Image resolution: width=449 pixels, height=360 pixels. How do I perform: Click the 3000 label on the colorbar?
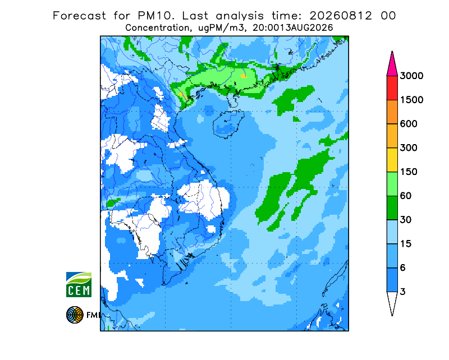coord(411,76)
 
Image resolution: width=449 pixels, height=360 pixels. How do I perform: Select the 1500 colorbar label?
coord(411,100)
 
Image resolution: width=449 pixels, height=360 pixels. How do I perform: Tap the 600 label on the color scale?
coord(409,124)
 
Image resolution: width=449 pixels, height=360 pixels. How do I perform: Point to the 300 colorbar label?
coord(409,148)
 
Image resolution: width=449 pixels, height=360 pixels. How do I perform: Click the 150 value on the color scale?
coord(409,172)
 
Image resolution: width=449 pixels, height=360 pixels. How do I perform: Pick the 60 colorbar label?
coord(406,196)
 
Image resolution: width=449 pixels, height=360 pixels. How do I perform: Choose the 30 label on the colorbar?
coord(406,220)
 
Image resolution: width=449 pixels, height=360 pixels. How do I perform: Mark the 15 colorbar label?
coord(406,244)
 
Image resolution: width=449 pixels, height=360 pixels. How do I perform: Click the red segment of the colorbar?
coord(392,88)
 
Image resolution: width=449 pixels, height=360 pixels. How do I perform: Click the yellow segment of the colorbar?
coord(392,160)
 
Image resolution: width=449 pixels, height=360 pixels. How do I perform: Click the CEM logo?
coord(79,284)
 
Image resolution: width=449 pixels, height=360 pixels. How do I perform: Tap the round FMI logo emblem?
coord(75,315)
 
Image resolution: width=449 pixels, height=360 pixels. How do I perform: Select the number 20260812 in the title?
coord(341,16)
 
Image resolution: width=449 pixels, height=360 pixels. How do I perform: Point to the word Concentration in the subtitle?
coord(157,28)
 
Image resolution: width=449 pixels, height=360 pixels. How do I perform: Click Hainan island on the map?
coord(228,124)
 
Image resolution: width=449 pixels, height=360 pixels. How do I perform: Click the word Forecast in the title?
coord(79,16)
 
